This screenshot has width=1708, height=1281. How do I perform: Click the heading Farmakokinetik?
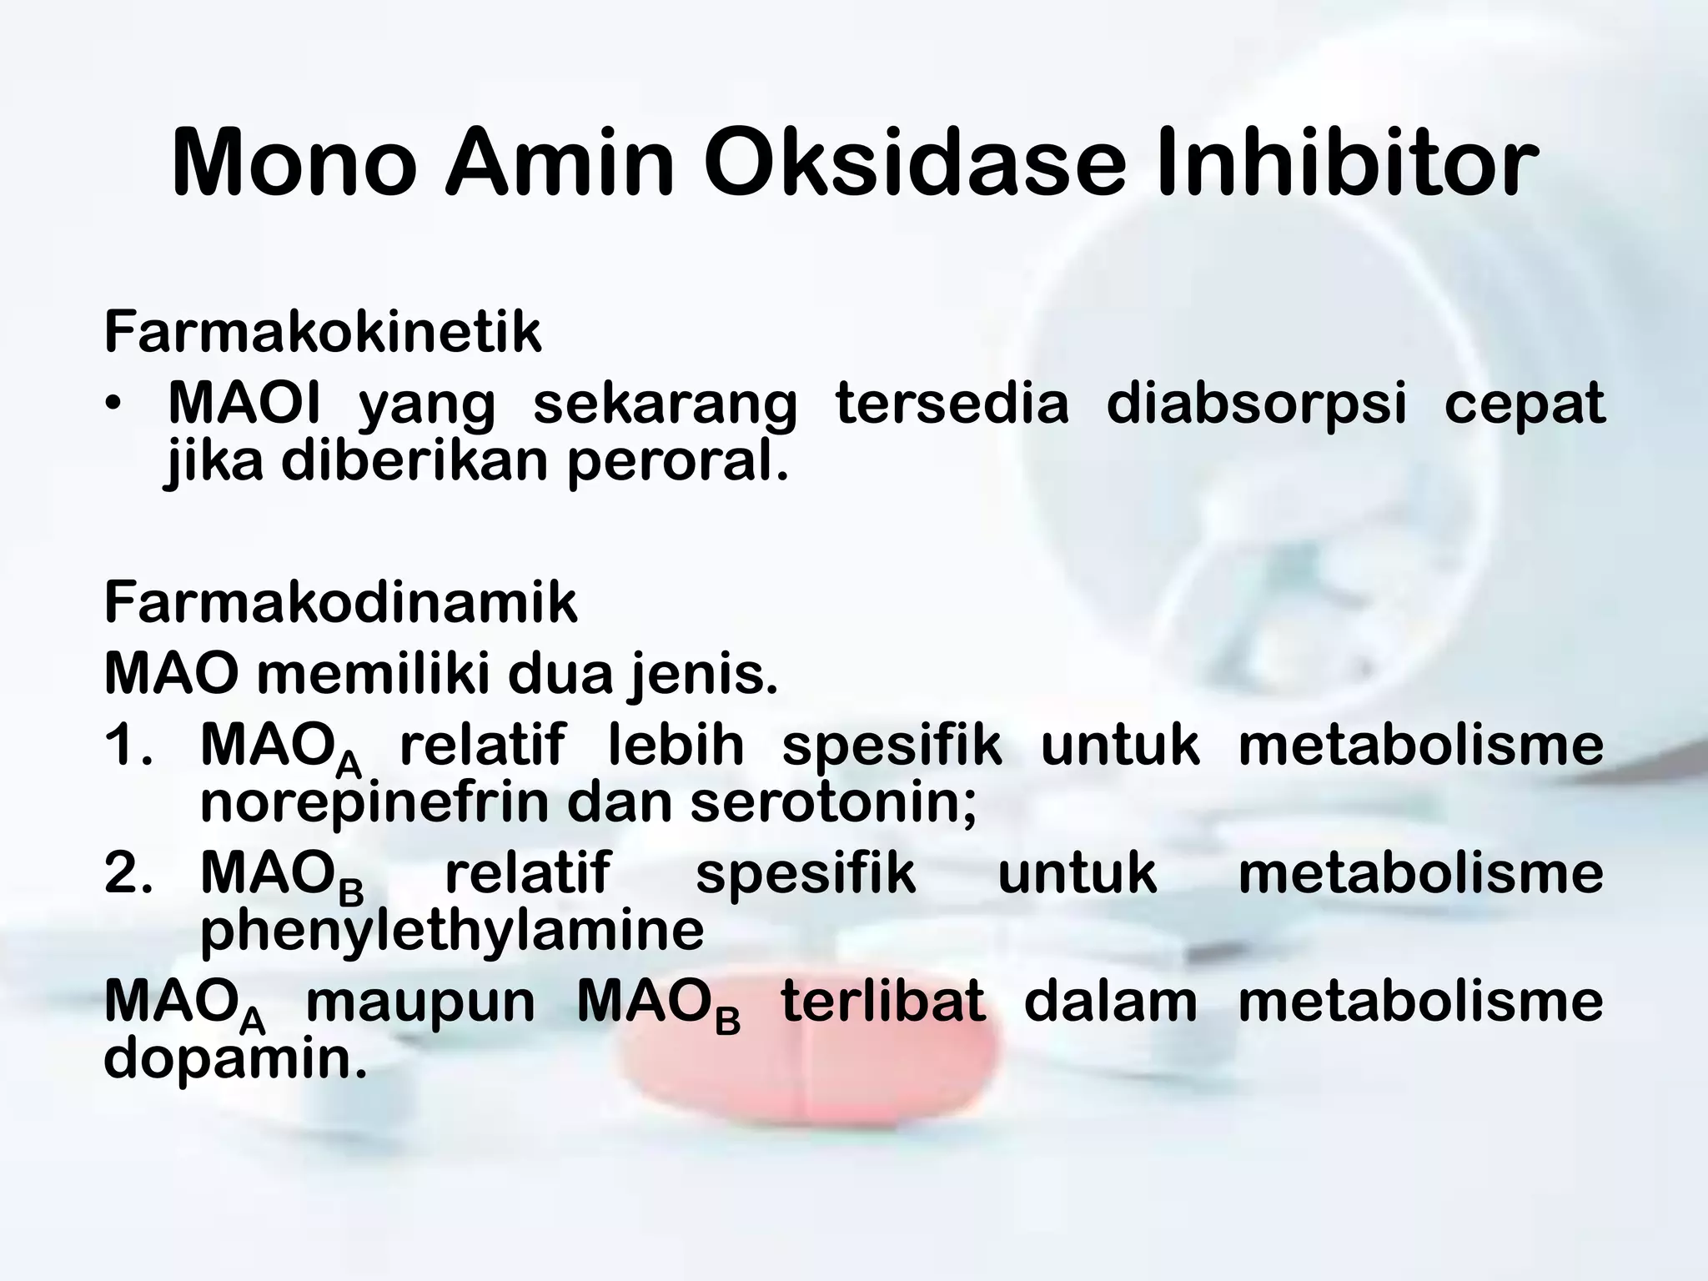323,332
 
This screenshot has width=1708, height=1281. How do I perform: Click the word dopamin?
234,1059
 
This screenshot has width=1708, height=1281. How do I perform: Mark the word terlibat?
883,1001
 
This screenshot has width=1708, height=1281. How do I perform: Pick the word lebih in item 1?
676,745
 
